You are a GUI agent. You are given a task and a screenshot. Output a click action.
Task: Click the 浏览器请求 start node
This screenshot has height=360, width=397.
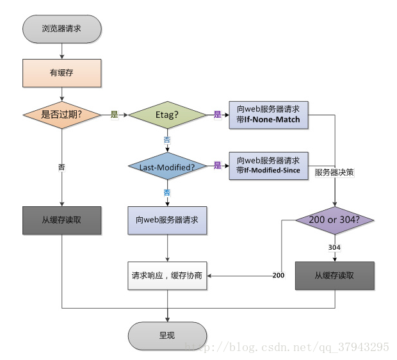[x=61, y=29]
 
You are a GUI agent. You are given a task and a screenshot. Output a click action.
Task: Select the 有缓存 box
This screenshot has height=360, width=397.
[x=61, y=73]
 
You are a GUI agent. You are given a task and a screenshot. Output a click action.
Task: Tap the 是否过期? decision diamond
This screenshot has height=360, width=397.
[x=61, y=115]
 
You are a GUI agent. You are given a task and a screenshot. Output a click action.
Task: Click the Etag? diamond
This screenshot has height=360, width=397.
[x=167, y=115]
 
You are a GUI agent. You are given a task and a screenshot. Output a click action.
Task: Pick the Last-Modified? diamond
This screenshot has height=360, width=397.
[x=167, y=167]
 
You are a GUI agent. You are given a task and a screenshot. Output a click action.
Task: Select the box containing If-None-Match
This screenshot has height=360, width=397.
[x=268, y=115]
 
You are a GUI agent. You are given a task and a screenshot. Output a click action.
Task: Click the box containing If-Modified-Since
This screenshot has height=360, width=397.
[x=268, y=166]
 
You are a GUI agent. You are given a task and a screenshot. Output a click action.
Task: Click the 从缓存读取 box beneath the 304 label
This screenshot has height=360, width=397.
[x=334, y=275]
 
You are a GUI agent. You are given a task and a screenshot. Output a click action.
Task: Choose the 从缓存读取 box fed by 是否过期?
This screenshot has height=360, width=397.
[x=61, y=220]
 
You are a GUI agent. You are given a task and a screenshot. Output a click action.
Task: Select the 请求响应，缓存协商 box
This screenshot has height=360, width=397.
[x=168, y=275]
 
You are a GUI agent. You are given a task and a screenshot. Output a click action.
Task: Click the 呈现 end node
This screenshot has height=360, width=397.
[x=167, y=335]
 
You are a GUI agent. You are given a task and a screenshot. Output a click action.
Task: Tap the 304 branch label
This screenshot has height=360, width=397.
[x=334, y=247]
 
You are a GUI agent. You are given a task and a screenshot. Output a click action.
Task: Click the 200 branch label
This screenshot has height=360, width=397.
[x=278, y=275]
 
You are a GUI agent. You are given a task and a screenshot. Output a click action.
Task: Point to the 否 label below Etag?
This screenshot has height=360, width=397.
[x=167, y=138]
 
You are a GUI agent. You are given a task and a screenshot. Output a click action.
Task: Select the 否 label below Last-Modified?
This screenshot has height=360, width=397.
[x=167, y=192]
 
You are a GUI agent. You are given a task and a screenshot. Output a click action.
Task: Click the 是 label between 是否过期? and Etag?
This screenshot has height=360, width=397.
[x=115, y=115]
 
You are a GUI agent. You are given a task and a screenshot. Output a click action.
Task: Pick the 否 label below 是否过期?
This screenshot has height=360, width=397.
[x=61, y=167]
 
